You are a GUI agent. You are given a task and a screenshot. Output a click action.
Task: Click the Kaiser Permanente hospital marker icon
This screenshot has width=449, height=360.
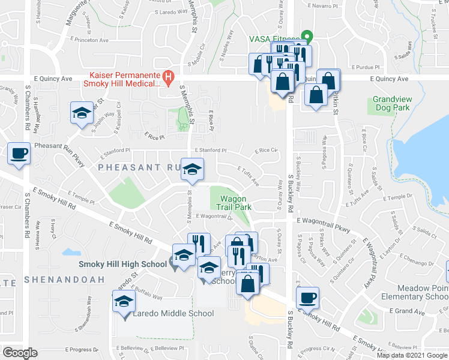[x=169, y=77]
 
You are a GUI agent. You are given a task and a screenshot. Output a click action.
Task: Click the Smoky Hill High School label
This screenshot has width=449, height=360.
[x=122, y=264]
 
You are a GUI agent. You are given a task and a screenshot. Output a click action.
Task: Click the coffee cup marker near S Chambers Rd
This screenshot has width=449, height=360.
[x=19, y=154]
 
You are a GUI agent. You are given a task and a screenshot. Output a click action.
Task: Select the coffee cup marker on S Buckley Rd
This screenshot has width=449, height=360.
[x=308, y=298]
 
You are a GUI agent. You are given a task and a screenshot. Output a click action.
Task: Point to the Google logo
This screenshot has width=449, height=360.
[x=20, y=352]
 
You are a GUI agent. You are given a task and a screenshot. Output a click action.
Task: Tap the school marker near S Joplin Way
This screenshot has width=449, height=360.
[x=82, y=113]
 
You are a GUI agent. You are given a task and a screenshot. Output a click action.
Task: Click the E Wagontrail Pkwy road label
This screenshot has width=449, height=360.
[x=323, y=226]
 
